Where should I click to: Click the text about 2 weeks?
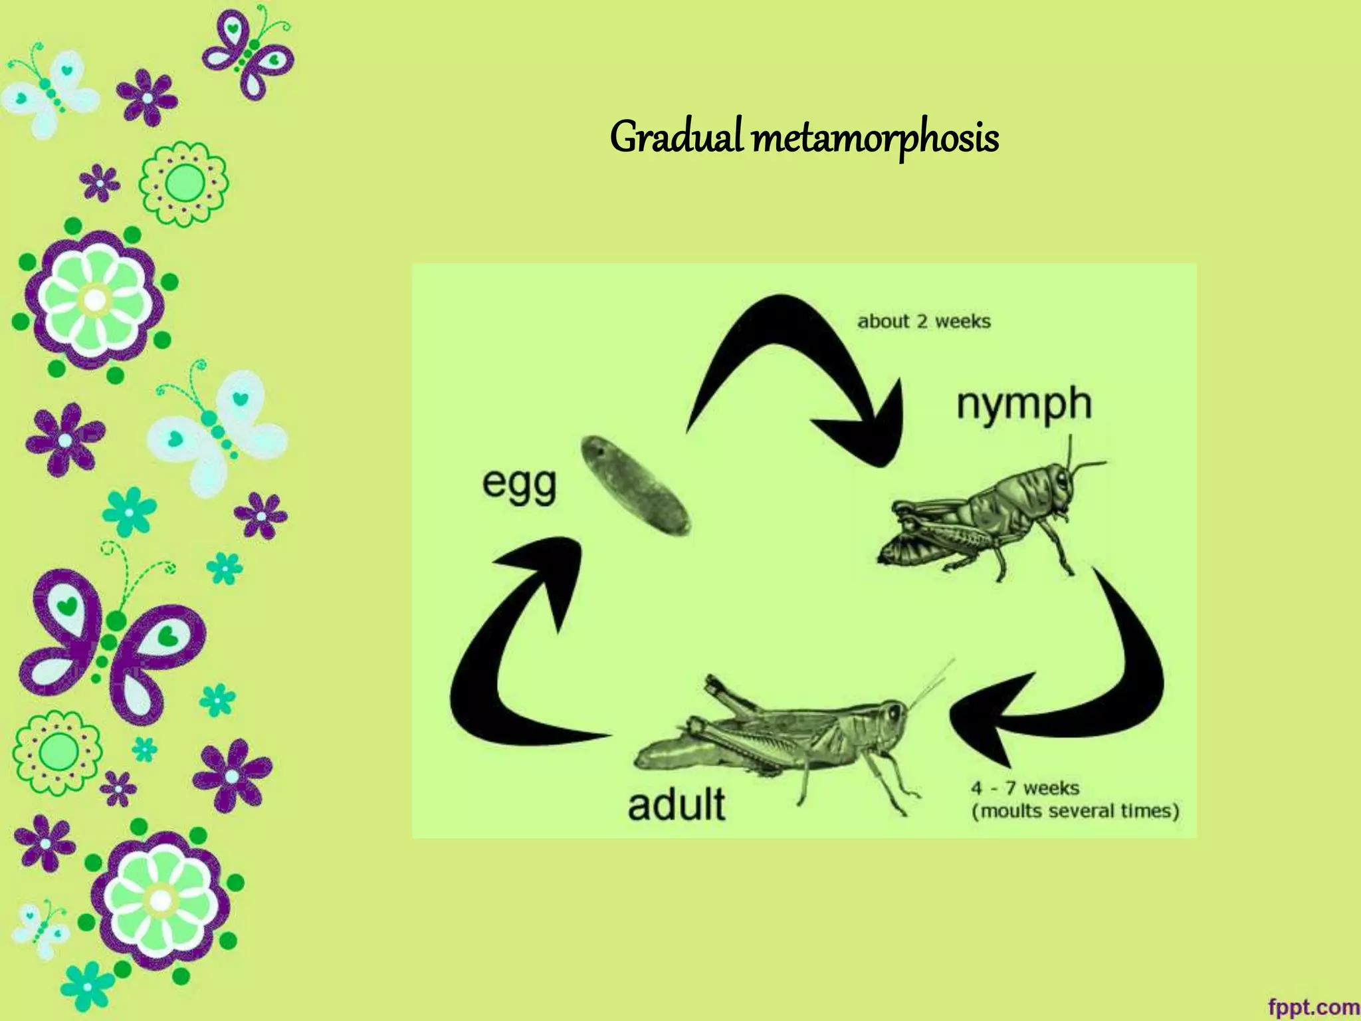pos(924,322)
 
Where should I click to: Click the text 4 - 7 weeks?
pos(1024,788)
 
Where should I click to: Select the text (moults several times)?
pos(1075,812)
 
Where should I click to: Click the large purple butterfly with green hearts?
pos(110,641)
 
